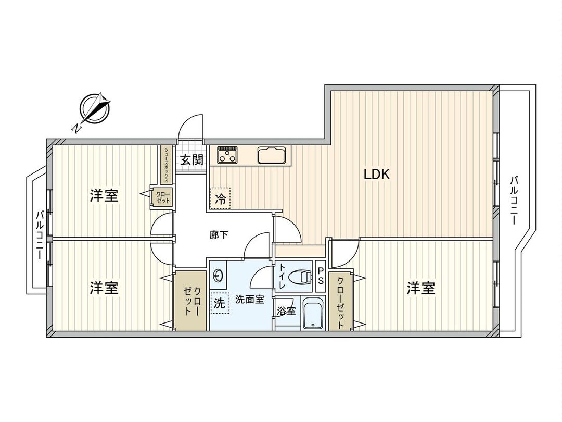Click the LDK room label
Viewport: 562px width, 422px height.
point(376,175)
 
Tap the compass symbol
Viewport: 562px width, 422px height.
point(95,109)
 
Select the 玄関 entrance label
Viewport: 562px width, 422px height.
point(191,160)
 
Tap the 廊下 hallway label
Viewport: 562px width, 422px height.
point(219,235)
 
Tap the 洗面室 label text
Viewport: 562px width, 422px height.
point(250,300)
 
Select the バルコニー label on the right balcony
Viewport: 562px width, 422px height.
point(514,200)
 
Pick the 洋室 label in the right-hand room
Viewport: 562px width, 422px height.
point(420,288)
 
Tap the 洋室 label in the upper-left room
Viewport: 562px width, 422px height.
point(104,196)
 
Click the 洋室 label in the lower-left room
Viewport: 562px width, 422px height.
point(104,288)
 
